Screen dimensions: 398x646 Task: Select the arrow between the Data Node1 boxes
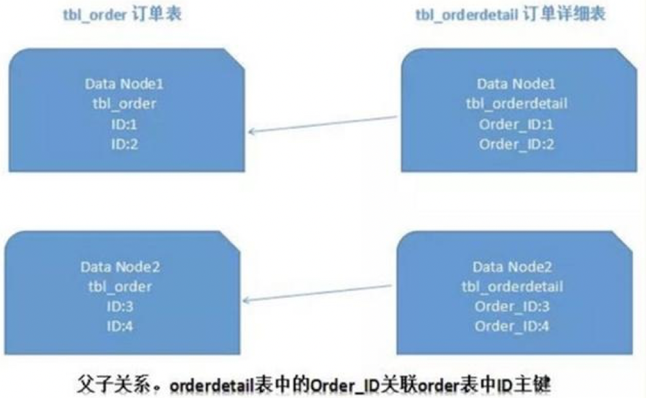(x=323, y=125)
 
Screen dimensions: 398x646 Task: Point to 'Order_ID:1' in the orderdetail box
(x=516, y=124)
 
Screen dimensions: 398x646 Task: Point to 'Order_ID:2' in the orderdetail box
(x=516, y=144)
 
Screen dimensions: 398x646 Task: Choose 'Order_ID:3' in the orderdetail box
(x=512, y=306)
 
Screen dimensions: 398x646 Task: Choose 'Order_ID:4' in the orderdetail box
(x=512, y=326)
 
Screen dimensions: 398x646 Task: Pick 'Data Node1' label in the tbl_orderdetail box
(x=516, y=84)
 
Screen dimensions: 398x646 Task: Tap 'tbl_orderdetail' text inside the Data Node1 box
(x=516, y=104)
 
